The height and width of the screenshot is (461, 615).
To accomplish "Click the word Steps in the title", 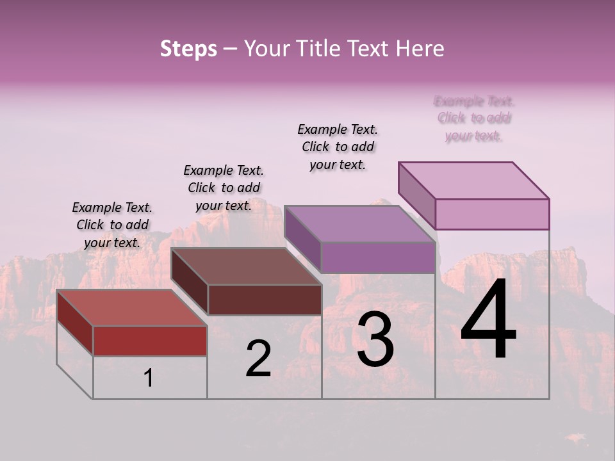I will tap(188, 49).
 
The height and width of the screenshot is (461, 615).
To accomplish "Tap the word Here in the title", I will tap(420, 49).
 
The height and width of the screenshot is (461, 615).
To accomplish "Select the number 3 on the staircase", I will tap(375, 339).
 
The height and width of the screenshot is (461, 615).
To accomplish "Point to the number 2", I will tap(258, 359).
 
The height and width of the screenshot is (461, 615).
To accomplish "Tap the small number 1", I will tap(149, 378).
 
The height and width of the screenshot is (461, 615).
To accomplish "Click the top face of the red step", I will tap(131, 308).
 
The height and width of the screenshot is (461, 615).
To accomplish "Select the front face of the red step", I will tap(150, 341).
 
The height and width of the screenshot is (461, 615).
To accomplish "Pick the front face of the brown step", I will tap(265, 300).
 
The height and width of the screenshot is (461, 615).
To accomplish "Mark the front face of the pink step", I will tap(492, 214).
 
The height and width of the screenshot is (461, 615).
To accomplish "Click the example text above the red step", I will tap(112, 225).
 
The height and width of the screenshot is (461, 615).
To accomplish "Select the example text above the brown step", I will tap(224, 188).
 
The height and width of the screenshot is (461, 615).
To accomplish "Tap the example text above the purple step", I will tap(338, 147).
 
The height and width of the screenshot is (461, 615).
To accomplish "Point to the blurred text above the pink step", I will tap(474, 118).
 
